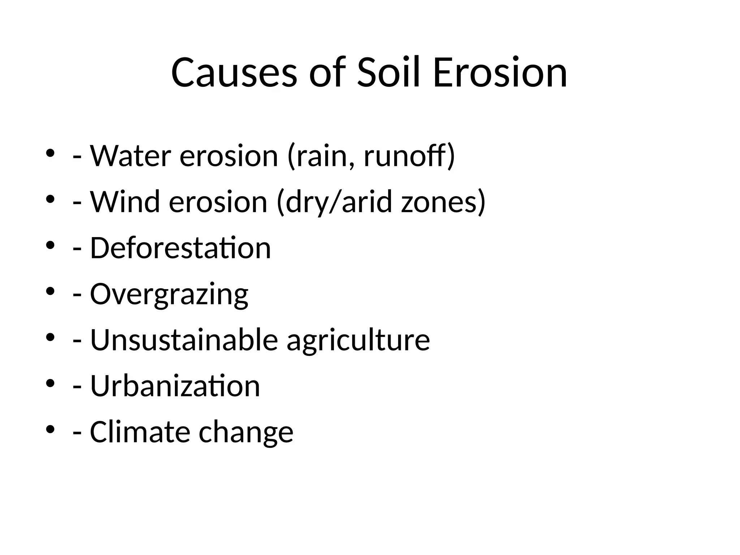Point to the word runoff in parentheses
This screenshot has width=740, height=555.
pos(405,156)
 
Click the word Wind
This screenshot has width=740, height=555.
pos(125,202)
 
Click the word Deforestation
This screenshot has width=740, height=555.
pos(180,248)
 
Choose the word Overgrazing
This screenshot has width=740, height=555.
pos(169,294)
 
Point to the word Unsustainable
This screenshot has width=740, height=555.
pos(184,340)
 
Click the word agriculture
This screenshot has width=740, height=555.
pos(358,340)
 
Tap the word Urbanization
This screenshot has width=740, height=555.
pos(175,386)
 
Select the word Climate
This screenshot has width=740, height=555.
pos(139,432)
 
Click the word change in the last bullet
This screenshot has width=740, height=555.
pos(246,432)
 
